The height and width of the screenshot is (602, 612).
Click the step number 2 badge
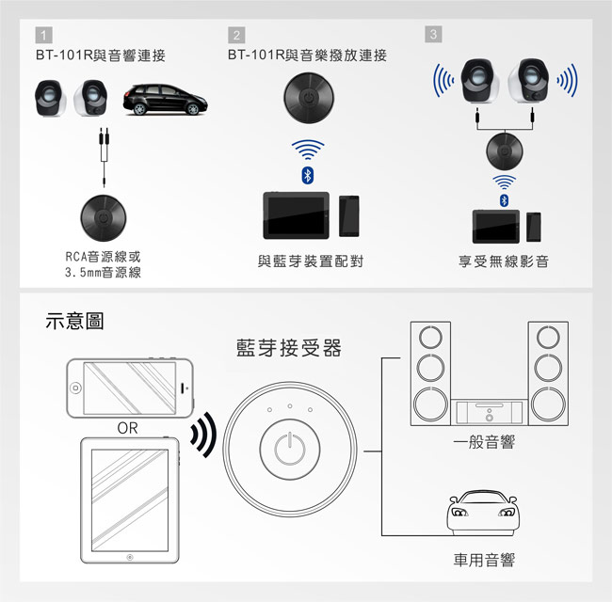point(235,36)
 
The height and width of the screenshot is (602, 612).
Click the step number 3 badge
point(432,35)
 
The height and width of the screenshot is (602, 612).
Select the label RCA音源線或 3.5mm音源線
point(104,264)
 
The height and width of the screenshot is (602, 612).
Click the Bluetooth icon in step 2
point(306,176)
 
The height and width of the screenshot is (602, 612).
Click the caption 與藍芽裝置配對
point(310,261)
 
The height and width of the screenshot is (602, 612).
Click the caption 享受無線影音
point(503,261)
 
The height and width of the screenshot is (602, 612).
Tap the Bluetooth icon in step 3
point(504,201)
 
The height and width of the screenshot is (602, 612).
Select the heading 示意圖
point(74,322)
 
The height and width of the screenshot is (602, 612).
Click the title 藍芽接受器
point(288,349)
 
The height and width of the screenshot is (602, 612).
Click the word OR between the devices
point(128,429)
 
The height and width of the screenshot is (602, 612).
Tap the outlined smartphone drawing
point(129,387)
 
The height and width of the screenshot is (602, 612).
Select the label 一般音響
point(484,442)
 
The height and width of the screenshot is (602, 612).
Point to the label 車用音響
point(484,562)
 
